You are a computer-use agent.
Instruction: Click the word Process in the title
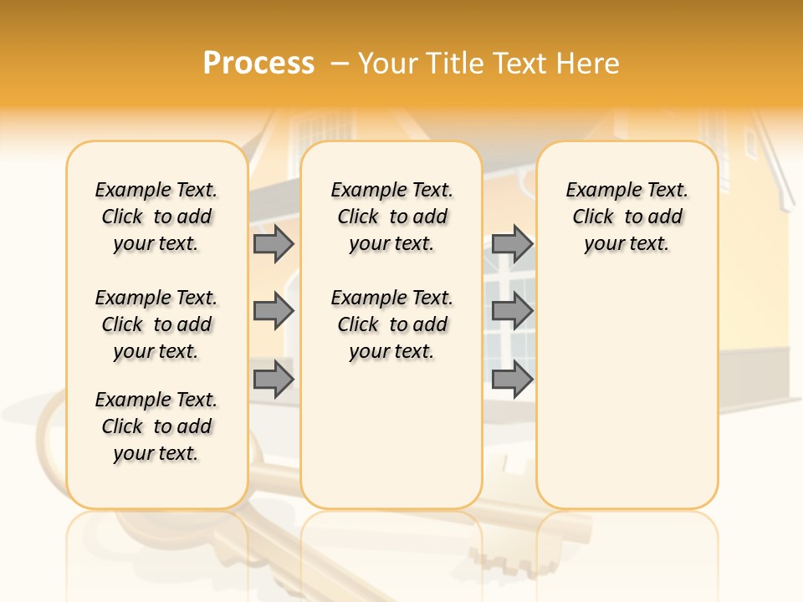tap(258, 64)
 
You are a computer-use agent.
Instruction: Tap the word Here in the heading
tap(588, 64)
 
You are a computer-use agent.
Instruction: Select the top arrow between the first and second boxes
tap(274, 243)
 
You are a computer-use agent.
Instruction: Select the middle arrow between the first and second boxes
tap(274, 311)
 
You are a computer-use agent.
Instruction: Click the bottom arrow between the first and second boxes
tap(274, 379)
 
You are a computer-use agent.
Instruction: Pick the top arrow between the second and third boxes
tap(512, 243)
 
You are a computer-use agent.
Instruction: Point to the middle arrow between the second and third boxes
tap(512, 311)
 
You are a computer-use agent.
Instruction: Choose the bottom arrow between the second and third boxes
tap(512, 379)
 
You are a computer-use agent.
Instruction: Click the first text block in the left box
tap(156, 217)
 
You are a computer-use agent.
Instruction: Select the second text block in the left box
tap(156, 324)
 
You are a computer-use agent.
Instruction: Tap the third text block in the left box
tap(156, 426)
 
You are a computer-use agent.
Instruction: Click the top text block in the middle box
tap(391, 217)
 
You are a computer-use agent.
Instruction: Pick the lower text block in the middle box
tap(391, 324)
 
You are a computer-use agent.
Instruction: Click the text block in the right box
tap(627, 217)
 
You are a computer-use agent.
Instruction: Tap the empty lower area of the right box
tap(627, 393)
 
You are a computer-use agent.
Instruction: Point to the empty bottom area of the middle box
tap(391, 443)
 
